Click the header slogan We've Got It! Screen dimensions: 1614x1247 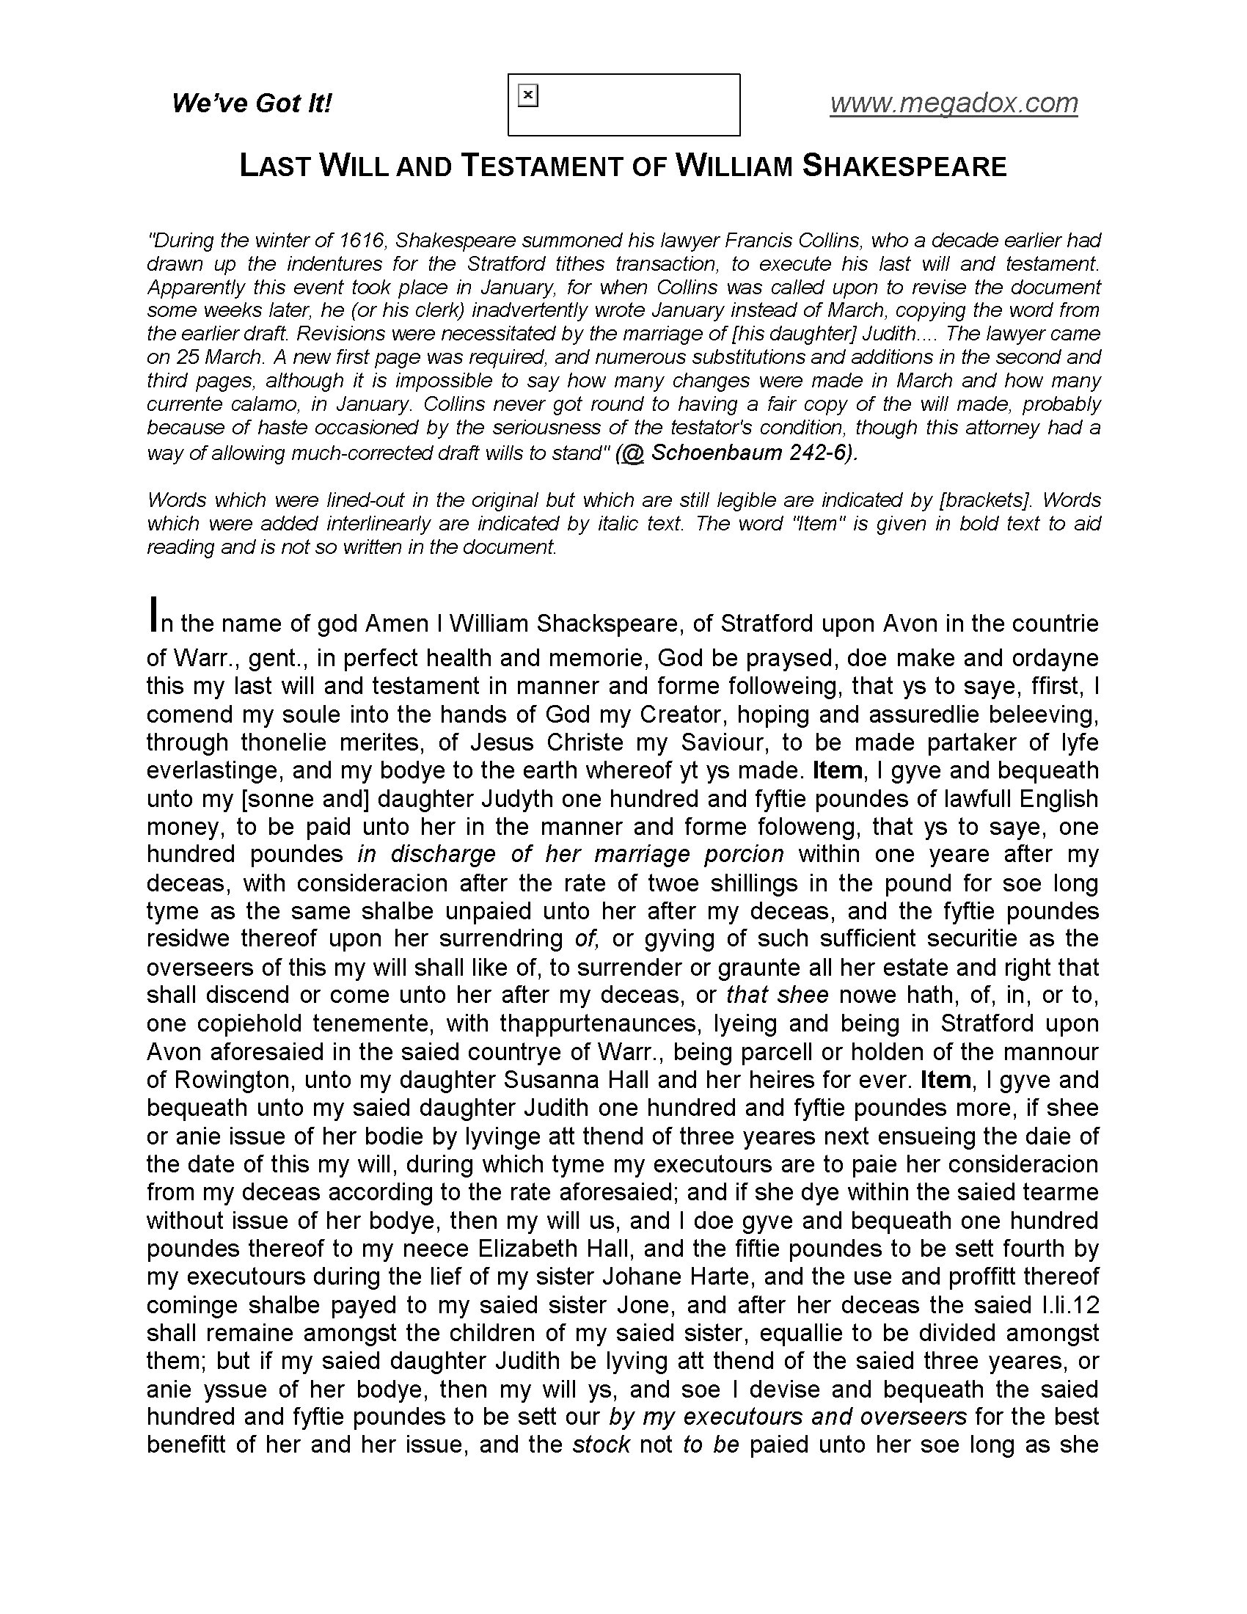click(252, 103)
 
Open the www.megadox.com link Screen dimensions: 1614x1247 click(954, 103)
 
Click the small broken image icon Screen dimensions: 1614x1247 click(528, 95)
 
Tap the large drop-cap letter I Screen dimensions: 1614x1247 click(153, 614)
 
